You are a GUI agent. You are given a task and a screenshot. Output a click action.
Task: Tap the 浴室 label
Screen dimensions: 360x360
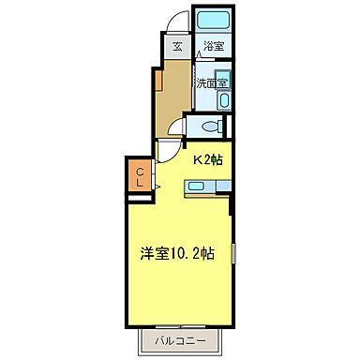[x=213, y=45]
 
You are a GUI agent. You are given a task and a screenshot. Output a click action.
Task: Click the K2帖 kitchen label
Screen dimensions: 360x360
[x=208, y=159]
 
